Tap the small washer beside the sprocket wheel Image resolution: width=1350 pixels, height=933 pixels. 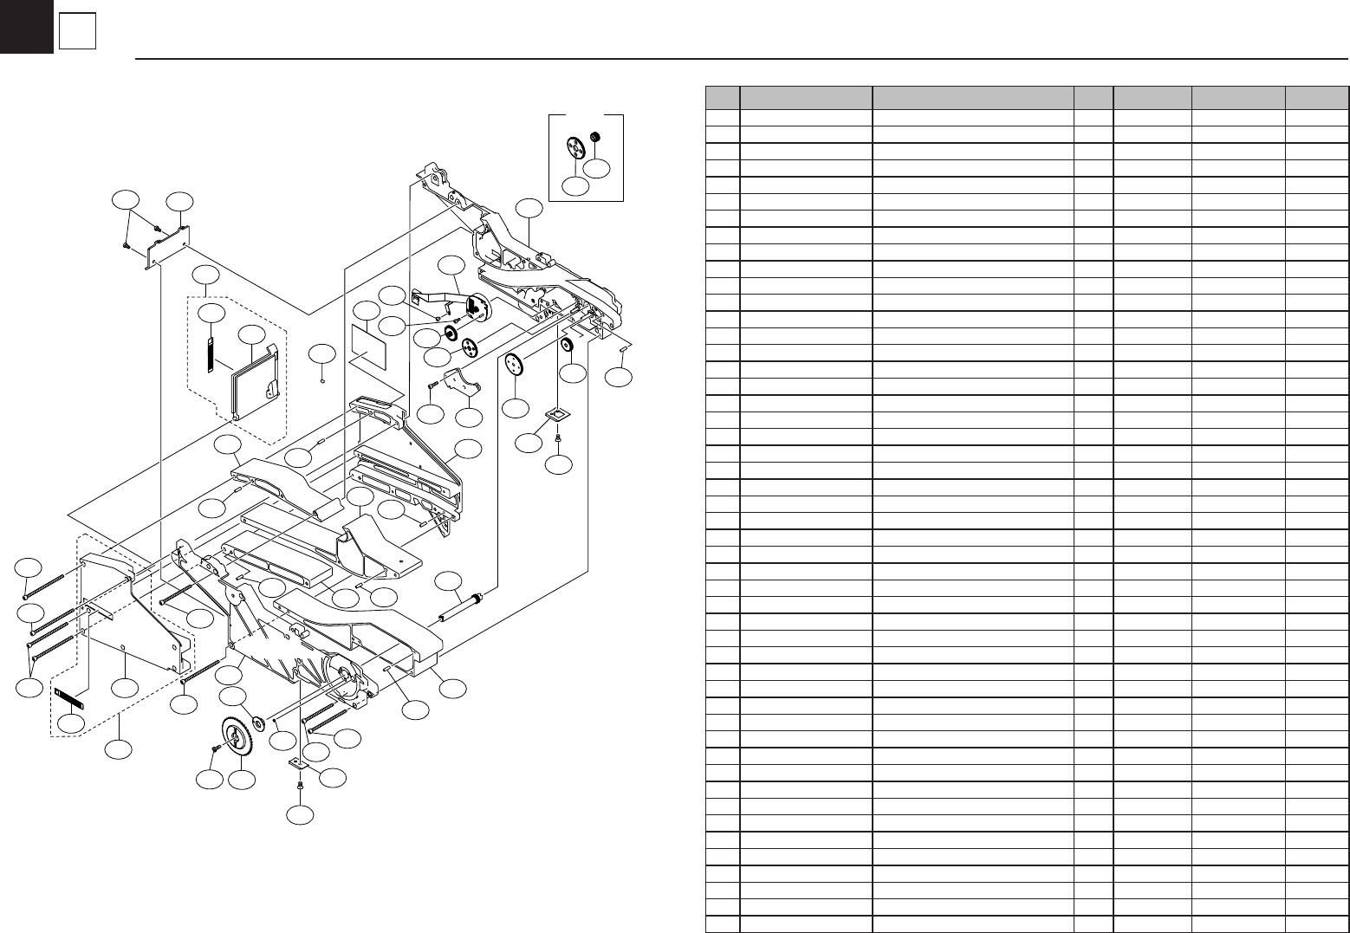point(259,722)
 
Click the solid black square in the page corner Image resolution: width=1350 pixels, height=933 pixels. point(26,26)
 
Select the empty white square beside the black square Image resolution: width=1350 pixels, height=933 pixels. point(77,33)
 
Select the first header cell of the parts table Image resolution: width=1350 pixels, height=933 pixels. point(722,97)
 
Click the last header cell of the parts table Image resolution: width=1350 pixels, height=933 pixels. point(1316,97)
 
